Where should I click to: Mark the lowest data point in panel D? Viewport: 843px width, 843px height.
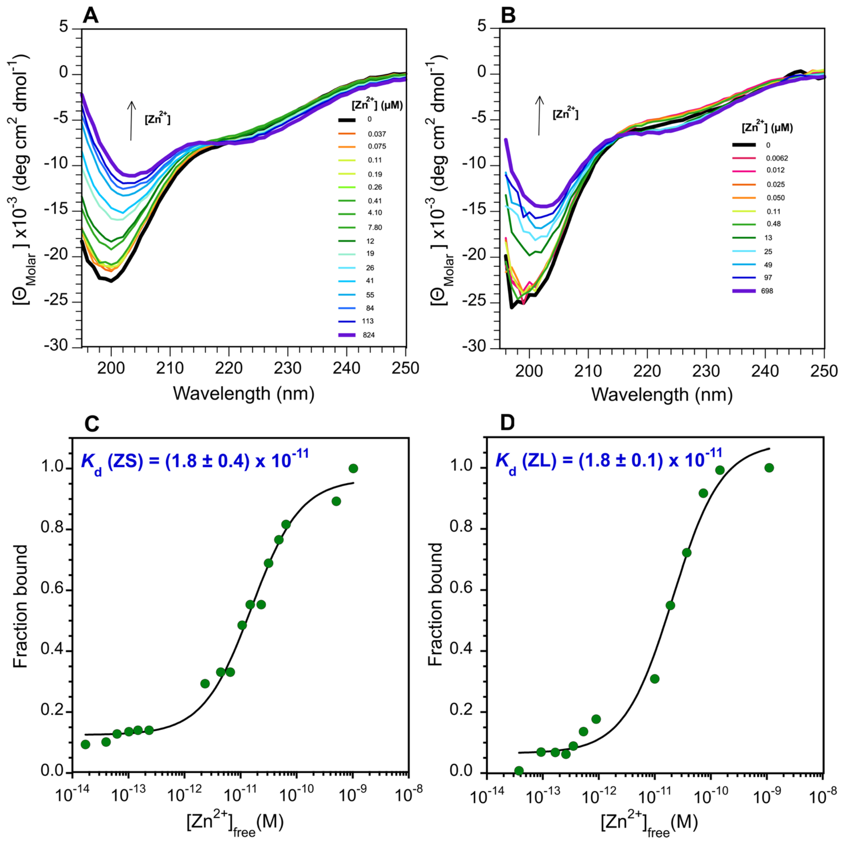tap(519, 771)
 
